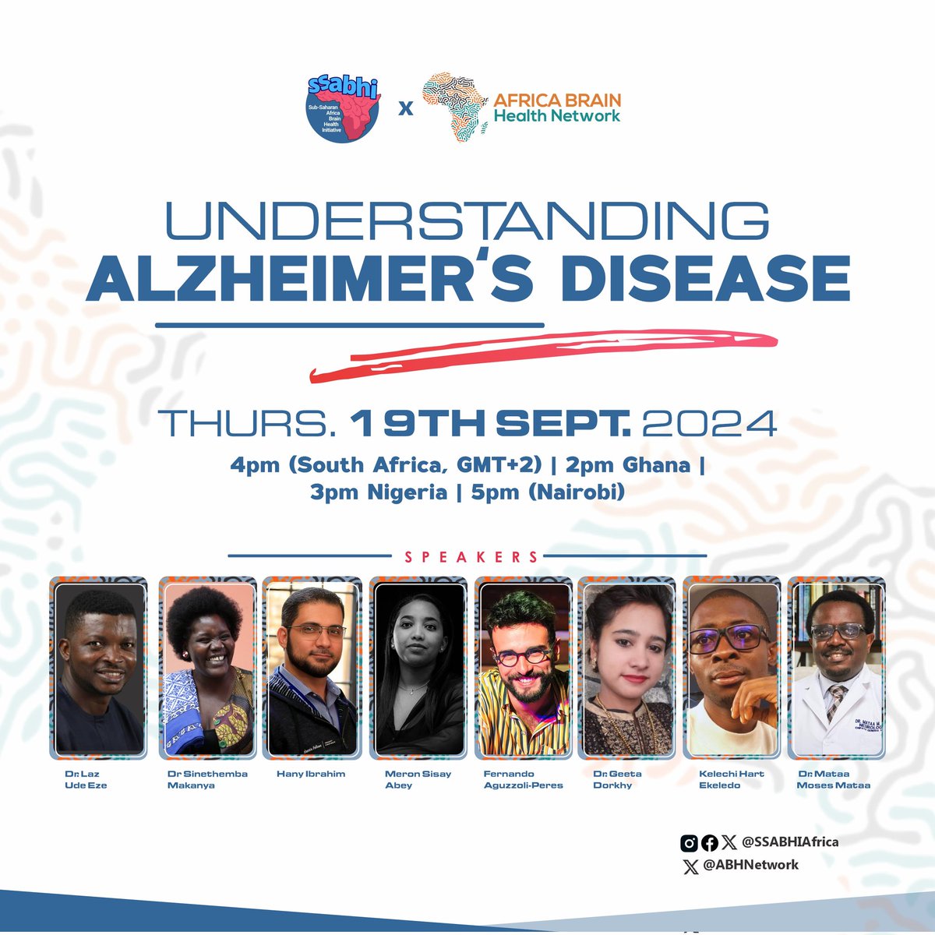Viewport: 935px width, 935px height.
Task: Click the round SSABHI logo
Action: [x=343, y=107]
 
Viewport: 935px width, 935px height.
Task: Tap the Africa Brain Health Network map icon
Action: [x=455, y=108]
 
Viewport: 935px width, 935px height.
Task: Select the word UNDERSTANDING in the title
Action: [x=467, y=222]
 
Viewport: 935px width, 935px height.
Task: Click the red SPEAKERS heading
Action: [x=471, y=557]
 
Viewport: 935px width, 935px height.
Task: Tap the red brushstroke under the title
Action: [x=545, y=351]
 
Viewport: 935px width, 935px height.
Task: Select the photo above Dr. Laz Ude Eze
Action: [x=99, y=668]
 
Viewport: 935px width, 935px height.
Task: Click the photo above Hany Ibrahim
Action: [x=312, y=668]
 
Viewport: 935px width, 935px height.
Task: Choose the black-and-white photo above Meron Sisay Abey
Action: [x=418, y=668]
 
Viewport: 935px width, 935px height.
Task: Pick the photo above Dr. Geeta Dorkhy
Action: [x=627, y=668]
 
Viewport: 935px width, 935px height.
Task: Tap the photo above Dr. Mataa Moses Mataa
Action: [x=836, y=668]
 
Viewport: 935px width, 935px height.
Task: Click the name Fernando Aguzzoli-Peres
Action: [x=523, y=779]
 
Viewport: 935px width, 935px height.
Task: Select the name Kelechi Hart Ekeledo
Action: [x=731, y=779]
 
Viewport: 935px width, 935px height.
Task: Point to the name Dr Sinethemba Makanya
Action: [x=207, y=779]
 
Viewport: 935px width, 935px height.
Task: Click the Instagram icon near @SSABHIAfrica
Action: [x=689, y=842]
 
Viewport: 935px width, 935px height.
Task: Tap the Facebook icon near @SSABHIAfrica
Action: [x=709, y=842]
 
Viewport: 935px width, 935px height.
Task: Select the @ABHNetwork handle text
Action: [x=750, y=864]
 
